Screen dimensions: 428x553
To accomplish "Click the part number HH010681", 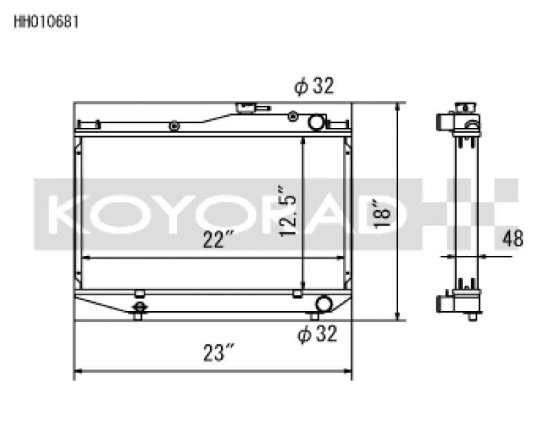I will point(46,21).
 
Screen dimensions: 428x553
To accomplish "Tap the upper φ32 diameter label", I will point(314,86).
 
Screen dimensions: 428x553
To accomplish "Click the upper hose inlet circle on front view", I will point(316,122).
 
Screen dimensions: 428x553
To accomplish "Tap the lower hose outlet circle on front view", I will point(323,304).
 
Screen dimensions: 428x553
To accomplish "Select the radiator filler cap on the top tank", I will point(245,108).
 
